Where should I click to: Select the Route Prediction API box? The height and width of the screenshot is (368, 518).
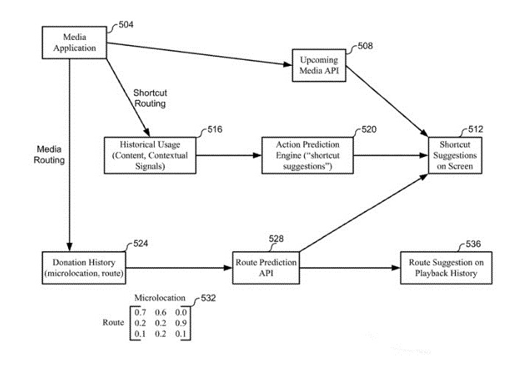[266, 267]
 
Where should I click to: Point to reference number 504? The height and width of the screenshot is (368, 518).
[127, 24]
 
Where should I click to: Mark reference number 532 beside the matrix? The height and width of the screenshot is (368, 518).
[210, 298]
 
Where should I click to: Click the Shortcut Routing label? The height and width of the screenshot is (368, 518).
[149, 98]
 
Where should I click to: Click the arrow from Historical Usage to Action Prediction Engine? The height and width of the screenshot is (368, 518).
[229, 156]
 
